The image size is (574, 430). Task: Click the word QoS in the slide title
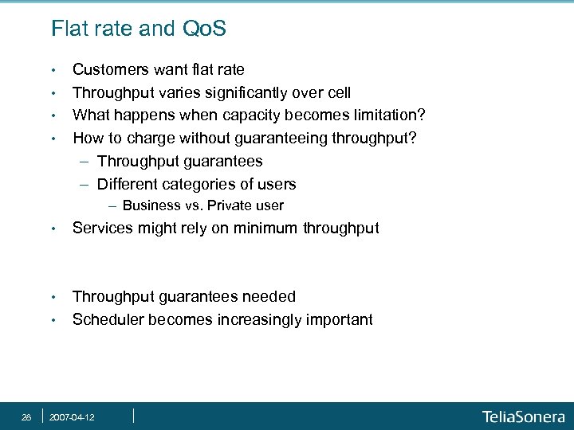click(203, 29)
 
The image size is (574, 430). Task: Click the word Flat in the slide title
click(69, 29)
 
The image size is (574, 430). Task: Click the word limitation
click(383, 115)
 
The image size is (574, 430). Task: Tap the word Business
click(150, 205)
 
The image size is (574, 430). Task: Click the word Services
click(101, 229)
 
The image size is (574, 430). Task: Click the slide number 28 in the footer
click(26, 416)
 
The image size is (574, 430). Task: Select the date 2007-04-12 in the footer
click(72, 416)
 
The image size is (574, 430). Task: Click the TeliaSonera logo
click(523, 416)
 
